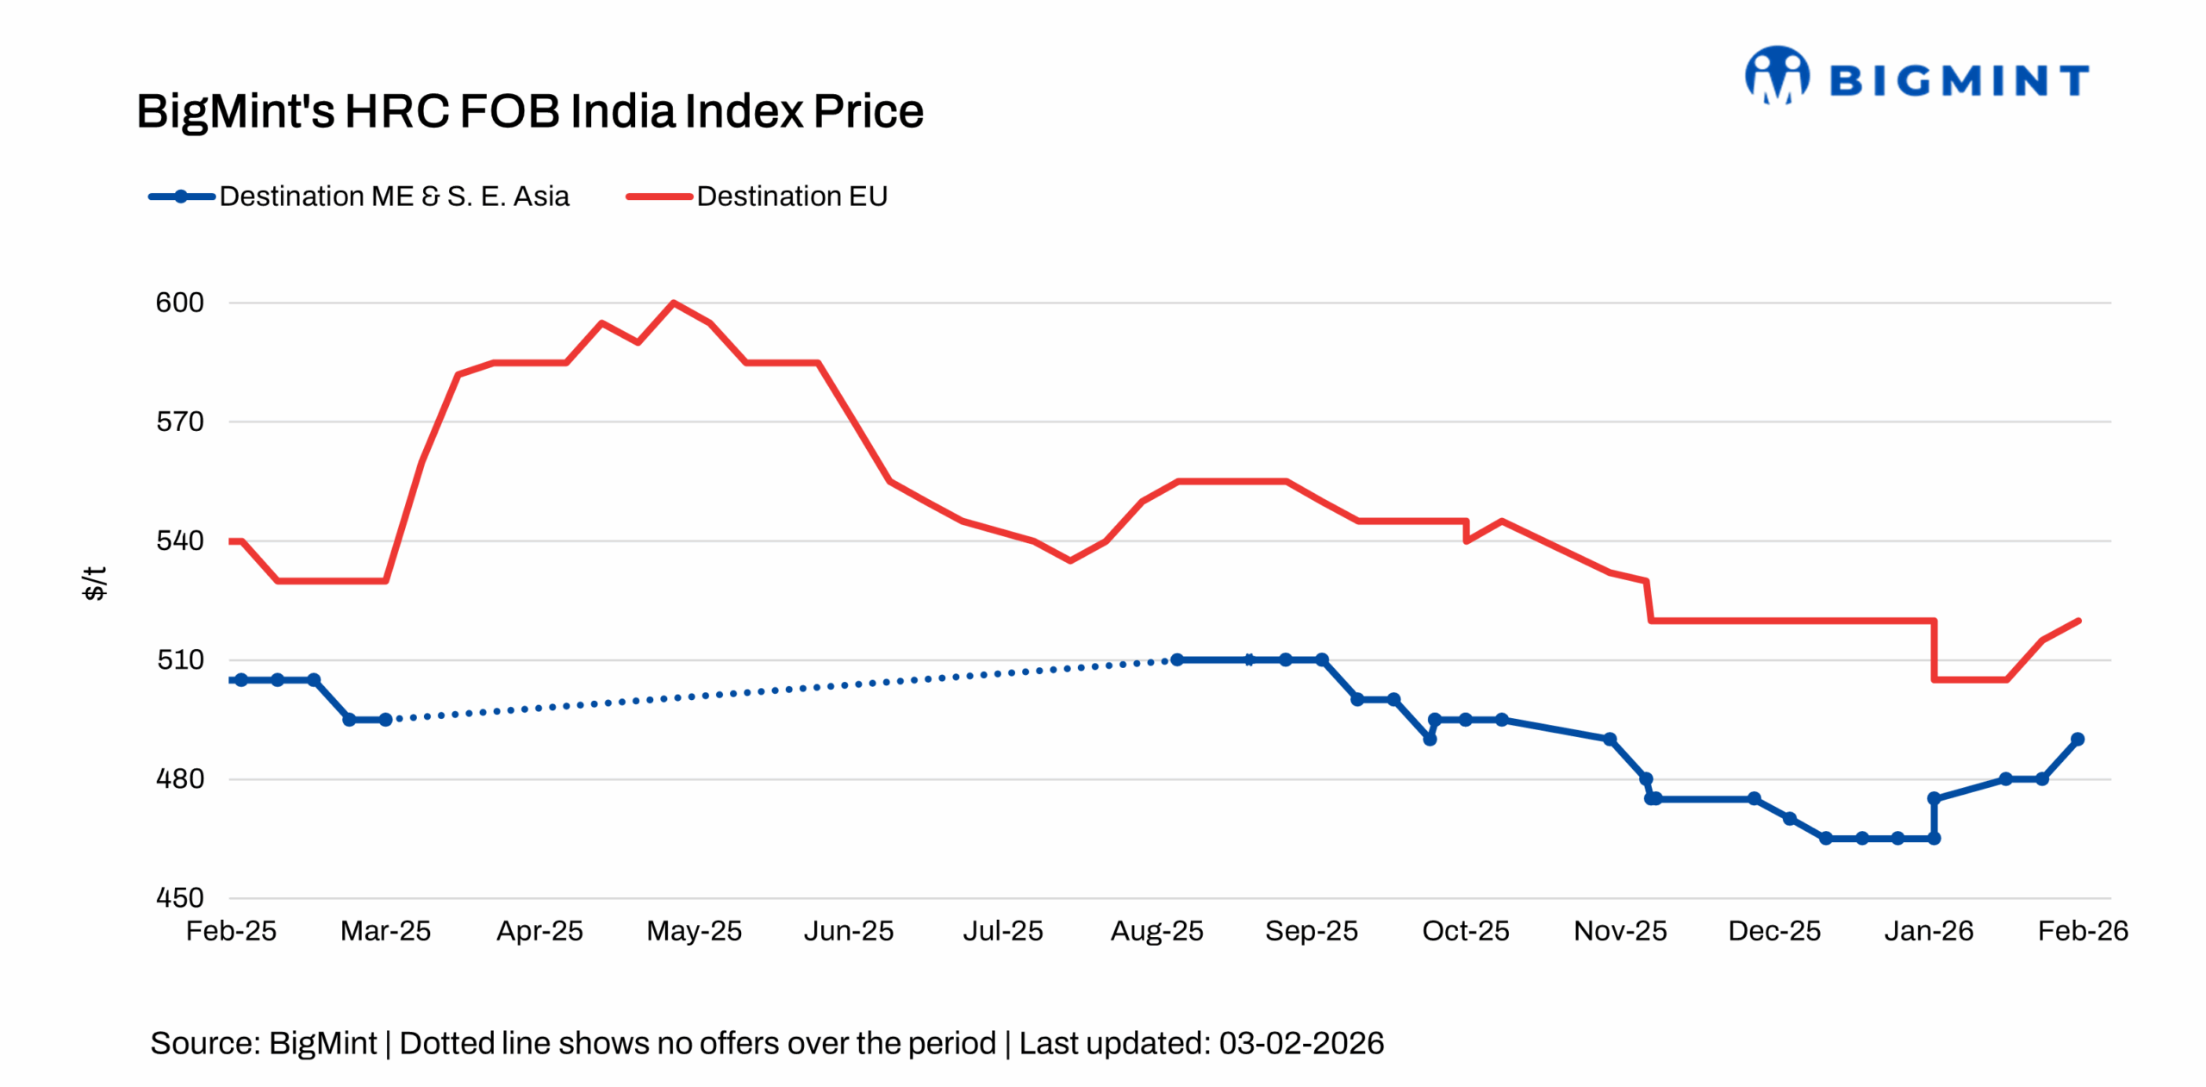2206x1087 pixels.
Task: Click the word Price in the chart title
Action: (x=868, y=111)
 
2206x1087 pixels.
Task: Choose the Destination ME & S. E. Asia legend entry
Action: (x=359, y=197)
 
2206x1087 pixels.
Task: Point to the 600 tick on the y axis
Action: (x=179, y=303)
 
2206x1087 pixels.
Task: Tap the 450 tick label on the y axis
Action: (x=179, y=898)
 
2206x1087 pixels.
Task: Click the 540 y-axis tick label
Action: (x=179, y=541)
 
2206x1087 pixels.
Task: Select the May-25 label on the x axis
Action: (x=694, y=931)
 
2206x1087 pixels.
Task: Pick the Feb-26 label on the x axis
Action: (x=2082, y=931)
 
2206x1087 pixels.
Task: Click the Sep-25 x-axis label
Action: (x=1311, y=931)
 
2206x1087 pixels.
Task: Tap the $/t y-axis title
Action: (x=94, y=584)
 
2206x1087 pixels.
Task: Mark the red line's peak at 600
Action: (x=673, y=303)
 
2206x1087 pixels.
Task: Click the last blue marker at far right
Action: (x=2077, y=740)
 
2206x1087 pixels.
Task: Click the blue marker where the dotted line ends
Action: (x=1176, y=659)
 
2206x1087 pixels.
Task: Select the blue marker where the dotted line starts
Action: (x=385, y=720)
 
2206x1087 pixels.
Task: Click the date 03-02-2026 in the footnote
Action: (x=1301, y=1044)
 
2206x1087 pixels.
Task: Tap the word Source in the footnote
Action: (x=203, y=1044)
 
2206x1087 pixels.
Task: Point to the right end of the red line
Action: (x=2078, y=621)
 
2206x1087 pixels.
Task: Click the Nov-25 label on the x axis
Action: (x=1619, y=931)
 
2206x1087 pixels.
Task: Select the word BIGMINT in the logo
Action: (x=1958, y=81)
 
